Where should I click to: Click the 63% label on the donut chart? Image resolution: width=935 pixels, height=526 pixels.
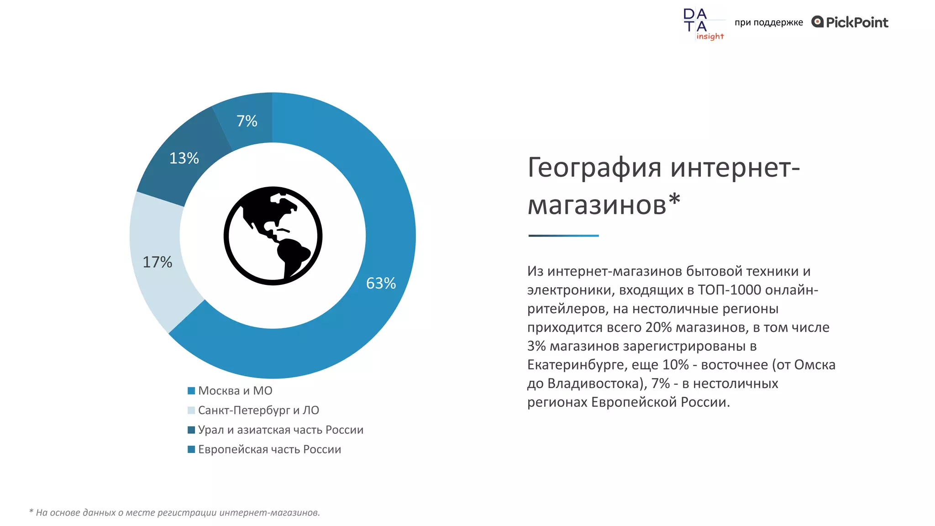[x=381, y=283]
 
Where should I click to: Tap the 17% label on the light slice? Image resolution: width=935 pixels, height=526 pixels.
[x=158, y=262]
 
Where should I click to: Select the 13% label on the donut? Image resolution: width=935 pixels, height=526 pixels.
[x=184, y=158]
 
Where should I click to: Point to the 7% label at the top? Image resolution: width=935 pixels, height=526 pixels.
[x=247, y=121]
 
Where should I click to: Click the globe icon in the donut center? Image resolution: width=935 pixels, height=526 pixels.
[x=273, y=236]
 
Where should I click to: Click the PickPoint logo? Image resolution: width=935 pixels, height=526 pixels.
[x=850, y=22]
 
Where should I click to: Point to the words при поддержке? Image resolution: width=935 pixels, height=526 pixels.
[x=769, y=22]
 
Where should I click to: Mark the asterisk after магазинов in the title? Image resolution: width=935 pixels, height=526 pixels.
[x=674, y=200]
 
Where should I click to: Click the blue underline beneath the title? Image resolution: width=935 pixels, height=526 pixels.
[x=563, y=236]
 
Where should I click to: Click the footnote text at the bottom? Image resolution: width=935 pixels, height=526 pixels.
[x=174, y=513]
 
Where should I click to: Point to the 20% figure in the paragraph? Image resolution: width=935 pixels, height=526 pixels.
[x=658, y=327]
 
